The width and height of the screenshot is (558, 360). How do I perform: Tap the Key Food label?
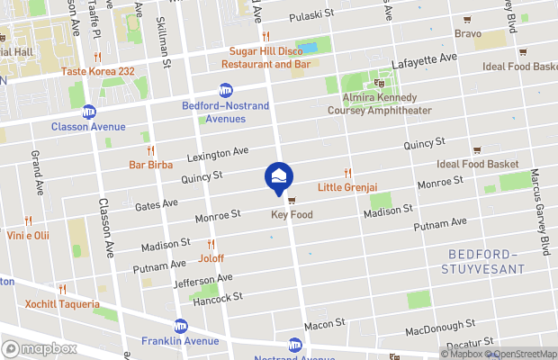point(292,215)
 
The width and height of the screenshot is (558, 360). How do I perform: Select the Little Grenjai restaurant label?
point(346,187)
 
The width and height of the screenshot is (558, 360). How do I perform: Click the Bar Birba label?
point(150,165)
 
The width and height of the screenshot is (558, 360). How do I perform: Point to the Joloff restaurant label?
point(211,257)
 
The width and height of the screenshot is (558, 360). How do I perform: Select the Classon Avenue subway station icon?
point(88,112)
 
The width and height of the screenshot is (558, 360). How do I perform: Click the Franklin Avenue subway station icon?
point(180,326)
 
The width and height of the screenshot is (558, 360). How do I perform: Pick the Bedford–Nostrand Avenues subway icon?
point(225,90)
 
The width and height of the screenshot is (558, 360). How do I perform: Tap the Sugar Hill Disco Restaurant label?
point(270,58)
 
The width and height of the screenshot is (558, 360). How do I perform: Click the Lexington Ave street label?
point(218,156)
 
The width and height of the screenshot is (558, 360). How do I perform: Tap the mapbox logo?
point(40,348)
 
